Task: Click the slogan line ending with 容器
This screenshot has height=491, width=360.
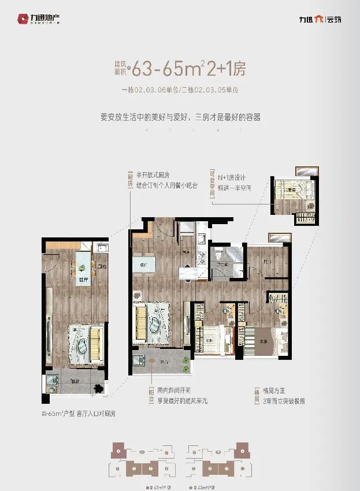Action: tap(180, 117)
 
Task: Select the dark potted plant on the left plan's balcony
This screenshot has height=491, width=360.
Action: tap(99, 386)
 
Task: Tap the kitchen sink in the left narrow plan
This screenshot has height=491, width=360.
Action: tap(102, 249)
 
